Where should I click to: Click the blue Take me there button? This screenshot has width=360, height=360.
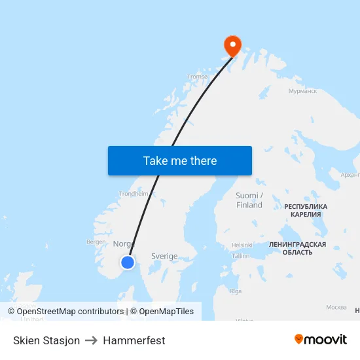[x=180, y=160]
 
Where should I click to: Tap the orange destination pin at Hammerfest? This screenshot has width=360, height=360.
[x=232, y=45]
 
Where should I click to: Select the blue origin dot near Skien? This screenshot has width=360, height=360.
[x=128, y=262]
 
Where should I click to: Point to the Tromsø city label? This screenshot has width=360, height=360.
[x=197, y=77]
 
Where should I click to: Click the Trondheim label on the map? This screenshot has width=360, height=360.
[x=134, y=194]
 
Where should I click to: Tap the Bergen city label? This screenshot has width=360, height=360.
[x=96, y=242]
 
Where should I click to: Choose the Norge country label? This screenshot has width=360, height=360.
[x=124, y=243]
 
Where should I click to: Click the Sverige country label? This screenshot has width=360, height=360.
[x=164, y=257]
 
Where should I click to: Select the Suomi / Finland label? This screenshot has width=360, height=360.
[x=249, y=200]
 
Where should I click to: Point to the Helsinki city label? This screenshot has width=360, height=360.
[x=242, y=245]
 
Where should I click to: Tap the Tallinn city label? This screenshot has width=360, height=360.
[x=240, y=256]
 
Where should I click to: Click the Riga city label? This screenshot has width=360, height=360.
[x=236, y=291]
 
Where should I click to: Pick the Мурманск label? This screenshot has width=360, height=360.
[x=302, y=91]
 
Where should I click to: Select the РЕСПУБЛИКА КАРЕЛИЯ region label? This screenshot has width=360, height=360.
[x=306, y=210]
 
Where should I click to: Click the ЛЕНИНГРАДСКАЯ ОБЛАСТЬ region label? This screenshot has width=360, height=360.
[x=297, y=248]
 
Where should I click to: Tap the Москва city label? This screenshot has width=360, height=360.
[x=336, y=307]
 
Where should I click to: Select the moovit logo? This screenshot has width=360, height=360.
[x=321, y=339]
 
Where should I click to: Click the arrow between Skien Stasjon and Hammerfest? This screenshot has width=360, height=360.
[x=91, y=340]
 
